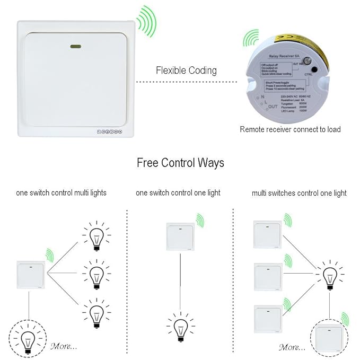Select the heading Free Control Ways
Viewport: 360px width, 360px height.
(x=180, y=162)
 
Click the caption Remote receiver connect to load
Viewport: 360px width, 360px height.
(x=290, y=129)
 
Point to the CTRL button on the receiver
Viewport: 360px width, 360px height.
(x=314, y=69)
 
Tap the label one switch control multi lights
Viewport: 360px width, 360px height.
(x=61, y=192)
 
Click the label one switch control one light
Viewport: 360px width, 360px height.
(x=178, y=192)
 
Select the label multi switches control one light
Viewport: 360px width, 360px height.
(x=299, y=193)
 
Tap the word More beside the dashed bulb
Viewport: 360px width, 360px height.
(x=64, y=346)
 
